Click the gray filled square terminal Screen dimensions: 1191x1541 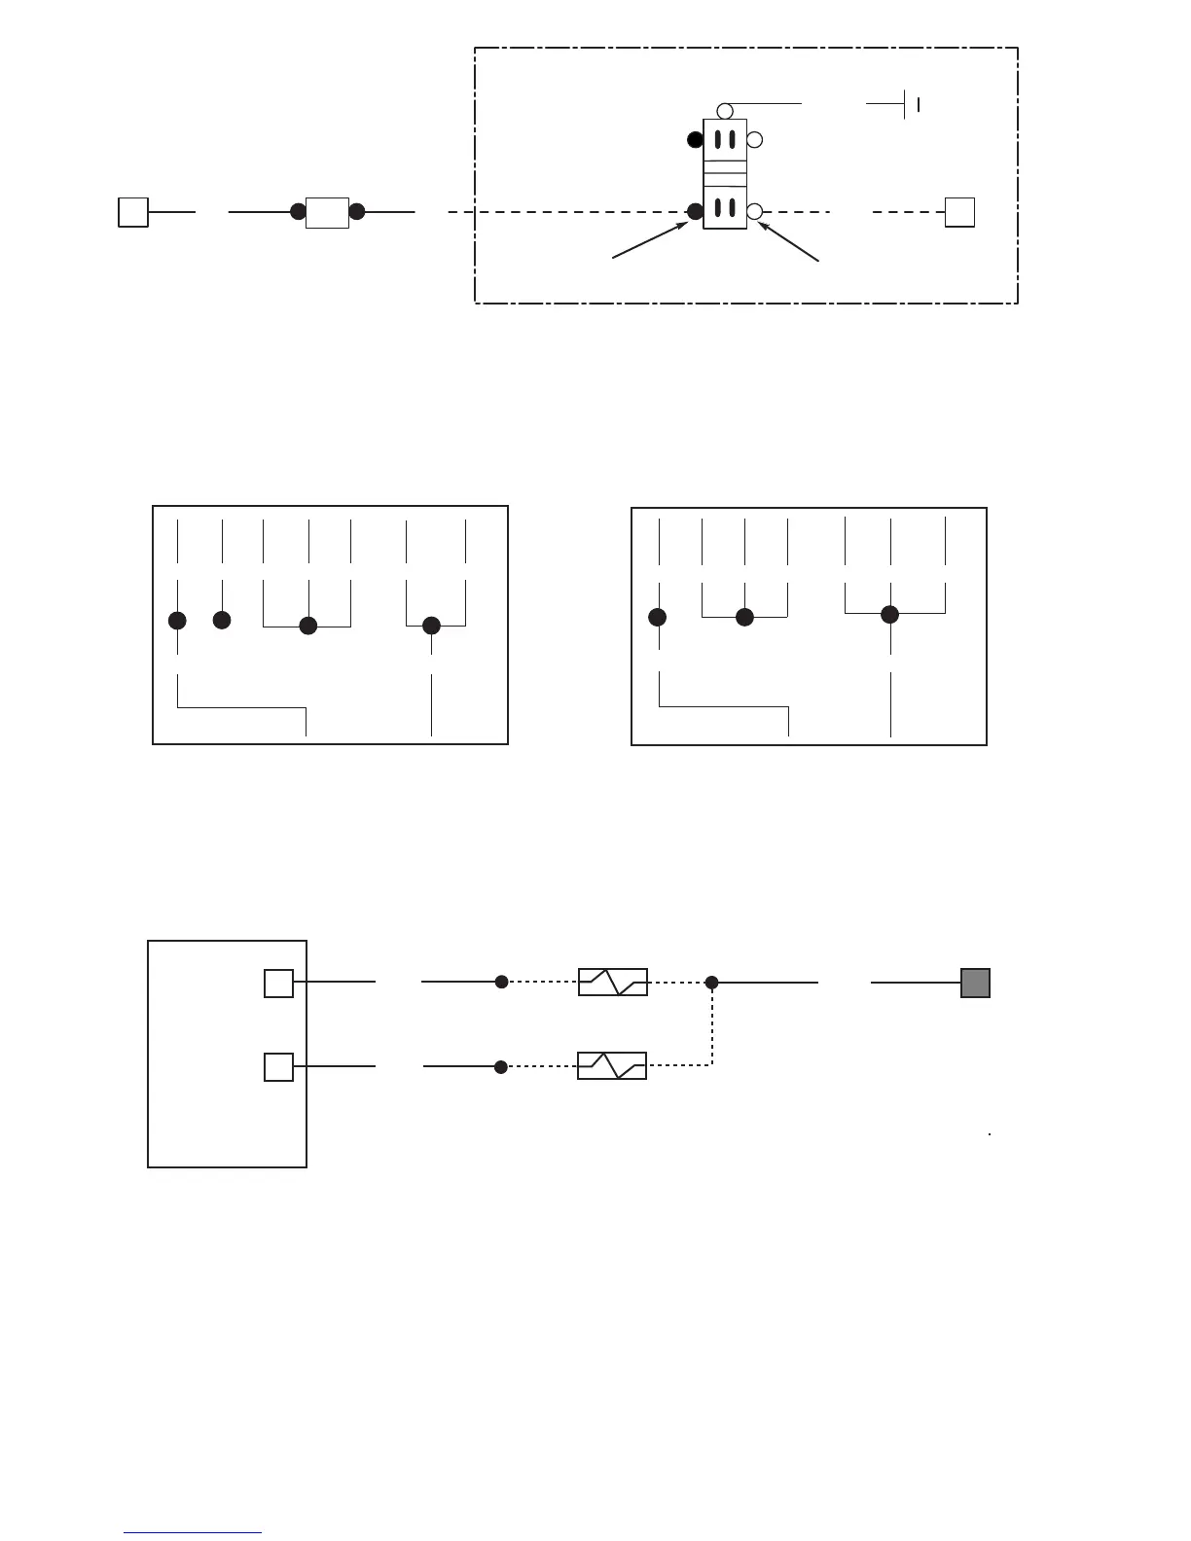(x=975, y=983)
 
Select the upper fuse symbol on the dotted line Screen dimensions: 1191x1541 (x=613, y=983)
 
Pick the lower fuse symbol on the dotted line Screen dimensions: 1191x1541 (x=612, y=1066)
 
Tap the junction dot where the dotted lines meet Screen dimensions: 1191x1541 (x=712, y=983)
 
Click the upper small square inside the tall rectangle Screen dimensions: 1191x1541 (x=278, y=984)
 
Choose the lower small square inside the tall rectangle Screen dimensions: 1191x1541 (x=278, y=1067)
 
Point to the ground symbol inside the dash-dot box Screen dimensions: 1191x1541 (x=911, y=103)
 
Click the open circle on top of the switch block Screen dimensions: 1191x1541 (x=725, y=111)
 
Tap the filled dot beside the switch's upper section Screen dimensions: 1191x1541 (x=695, y=139)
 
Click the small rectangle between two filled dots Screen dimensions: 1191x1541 (x=327, y=212)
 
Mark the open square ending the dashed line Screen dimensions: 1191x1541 (x=959, y=212)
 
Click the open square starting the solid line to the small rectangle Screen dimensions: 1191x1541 (x=133, y=212)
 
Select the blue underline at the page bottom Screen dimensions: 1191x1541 (x=193, y=1533)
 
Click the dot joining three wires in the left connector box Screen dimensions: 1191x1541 (x=308, y=627)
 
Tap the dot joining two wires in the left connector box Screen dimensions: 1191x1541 (x=432, y=627)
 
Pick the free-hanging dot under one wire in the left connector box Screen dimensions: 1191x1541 (x=222, y=620)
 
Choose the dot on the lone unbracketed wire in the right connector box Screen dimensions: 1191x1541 (x=658, y=617)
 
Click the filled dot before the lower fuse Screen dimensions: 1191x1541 (x=501, y=1067)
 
